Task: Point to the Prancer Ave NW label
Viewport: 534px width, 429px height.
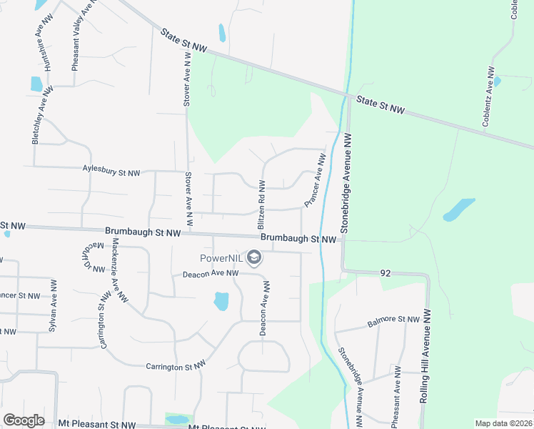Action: pos(315,183)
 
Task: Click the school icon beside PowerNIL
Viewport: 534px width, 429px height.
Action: pos(253,257)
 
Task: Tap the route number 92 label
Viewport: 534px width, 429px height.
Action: pos(385,272)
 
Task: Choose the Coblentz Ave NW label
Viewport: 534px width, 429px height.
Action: pos(489,97)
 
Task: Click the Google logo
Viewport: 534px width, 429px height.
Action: pos(24,420)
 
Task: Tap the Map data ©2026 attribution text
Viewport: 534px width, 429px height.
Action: pos(504,423)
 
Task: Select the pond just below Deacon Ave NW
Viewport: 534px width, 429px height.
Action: pos(221,301)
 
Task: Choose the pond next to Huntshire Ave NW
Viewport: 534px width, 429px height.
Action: pos(37,84)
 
